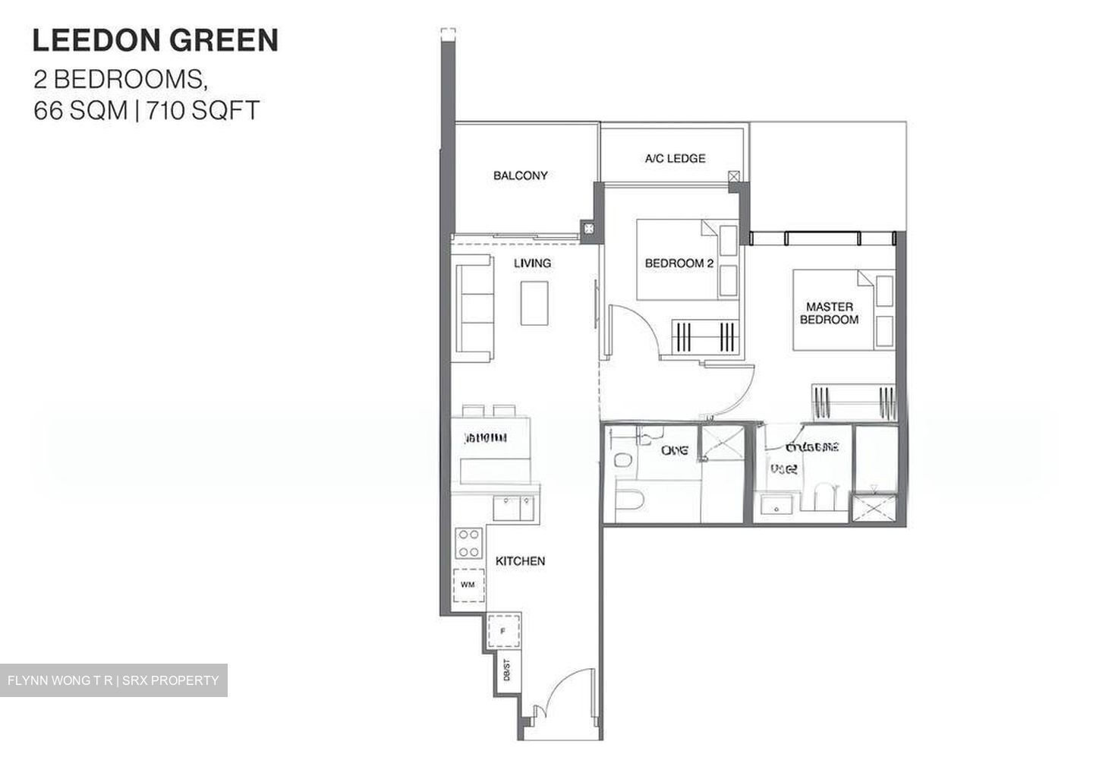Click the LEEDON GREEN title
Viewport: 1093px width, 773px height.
(x=155, y=40)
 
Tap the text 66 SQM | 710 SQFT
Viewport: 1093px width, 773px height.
(x=146, y=111)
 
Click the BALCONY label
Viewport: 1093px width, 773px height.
(x=520, y=175)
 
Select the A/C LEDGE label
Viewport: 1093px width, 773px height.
(x=675, y=159)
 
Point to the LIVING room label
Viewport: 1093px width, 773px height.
(x=532, y=263)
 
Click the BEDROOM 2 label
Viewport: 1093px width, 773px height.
(x=679, y=263)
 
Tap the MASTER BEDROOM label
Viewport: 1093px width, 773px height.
(x=829, y=313)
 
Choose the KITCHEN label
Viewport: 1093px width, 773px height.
(x=520, y=561)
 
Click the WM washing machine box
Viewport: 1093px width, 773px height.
(x=468, y=585)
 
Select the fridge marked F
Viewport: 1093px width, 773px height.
(x=502, y=630)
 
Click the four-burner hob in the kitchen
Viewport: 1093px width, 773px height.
(x=468, y=543)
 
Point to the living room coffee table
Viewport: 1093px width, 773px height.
(x=534, y=303)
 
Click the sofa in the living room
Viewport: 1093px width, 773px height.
(x=472, y=304)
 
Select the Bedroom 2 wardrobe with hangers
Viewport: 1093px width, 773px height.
(x=704, y=335)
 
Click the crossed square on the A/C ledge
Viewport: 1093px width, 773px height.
(x=733, y=176)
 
